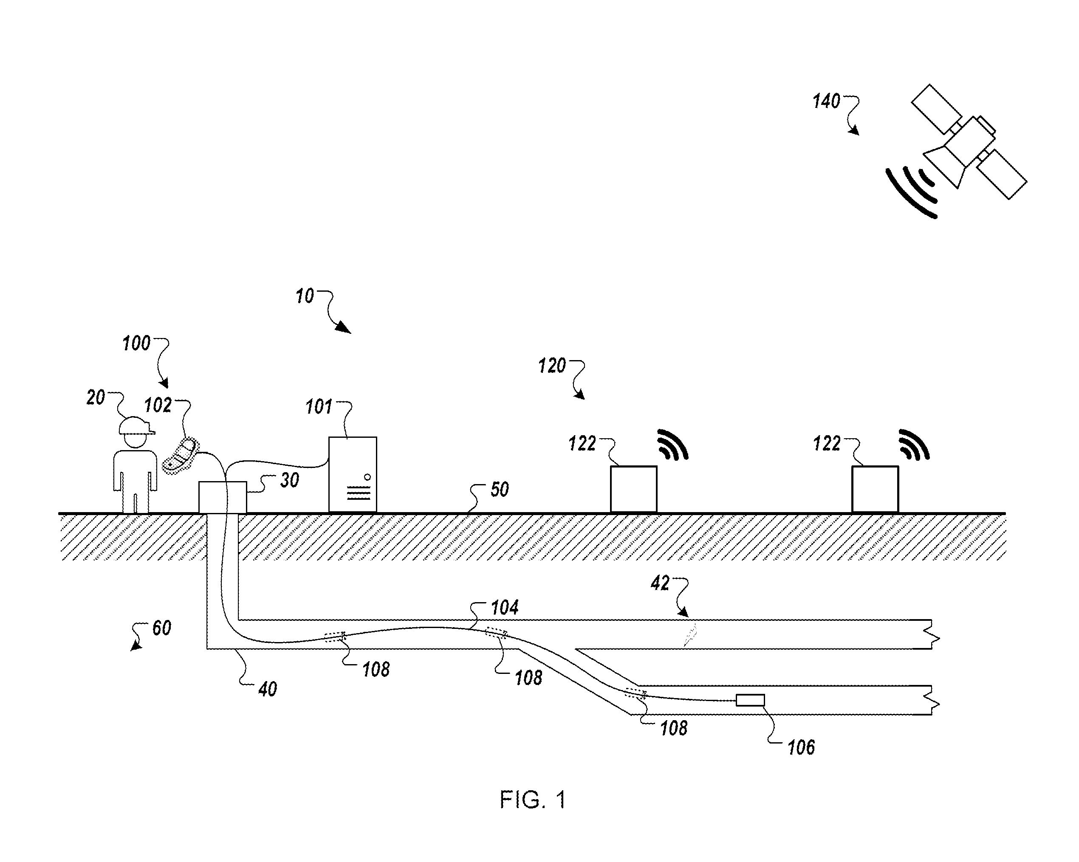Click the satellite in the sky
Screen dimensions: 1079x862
[x=969, y=142]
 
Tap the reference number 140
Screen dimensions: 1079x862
[x=826, y=101]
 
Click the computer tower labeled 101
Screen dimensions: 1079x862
[x=353, y=475]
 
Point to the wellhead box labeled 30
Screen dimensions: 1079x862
[x=223, y=497]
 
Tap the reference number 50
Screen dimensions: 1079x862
[x=500, y=489]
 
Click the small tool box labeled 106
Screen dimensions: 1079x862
[x=750, y=700]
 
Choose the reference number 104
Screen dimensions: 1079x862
[x=505, y=608]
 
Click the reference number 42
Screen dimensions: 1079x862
[x=660, y=583]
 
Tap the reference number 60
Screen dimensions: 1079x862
[x=162, y=628]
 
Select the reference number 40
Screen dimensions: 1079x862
[x=268, y=690]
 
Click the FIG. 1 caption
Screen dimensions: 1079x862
[x=533, y=800]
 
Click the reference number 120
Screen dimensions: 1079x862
[x=552, y=366]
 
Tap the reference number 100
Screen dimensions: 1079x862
[x=136, y=344]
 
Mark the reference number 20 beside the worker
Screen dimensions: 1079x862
[x=96, y=398]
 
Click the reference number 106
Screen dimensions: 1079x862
[x=801, y=747]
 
